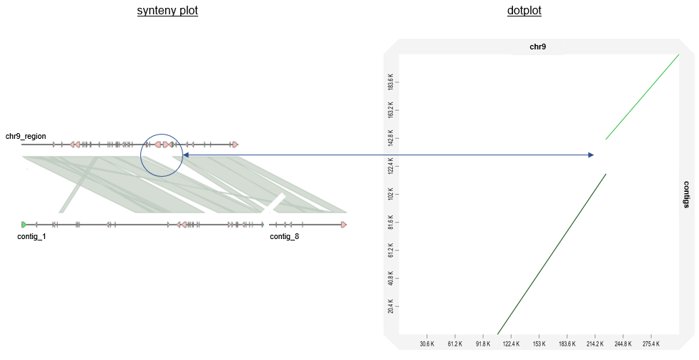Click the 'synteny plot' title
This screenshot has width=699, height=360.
pyautogui.click(x=167, y=11)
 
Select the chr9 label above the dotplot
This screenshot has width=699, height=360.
pyautogui.click(x=538, y=47)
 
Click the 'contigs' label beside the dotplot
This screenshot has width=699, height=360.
pyautogui.click(x=686, y=194)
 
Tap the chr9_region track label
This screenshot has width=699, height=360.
pyautogui.click(x=26, y=136)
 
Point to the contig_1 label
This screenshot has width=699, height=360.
pyautogui.click(x=31, y=236)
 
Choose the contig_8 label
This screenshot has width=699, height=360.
pyautogui.click(x=284, y=236)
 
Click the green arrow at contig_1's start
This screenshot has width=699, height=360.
pyautogui.click(x=24, y=225)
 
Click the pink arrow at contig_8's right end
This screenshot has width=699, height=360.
pyautogui.click(x=344, y=225)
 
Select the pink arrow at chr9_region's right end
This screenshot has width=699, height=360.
pyautogui.click(x=234, y=145)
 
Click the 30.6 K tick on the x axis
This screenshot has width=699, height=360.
pyautogui.click(x=426, y=344)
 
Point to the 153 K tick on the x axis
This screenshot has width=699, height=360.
pyautogui.click(x=539, y=344)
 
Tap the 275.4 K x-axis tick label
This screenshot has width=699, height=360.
pyautogui.click(x=650, y=344)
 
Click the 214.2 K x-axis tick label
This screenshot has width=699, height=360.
pyautogui.click(x=595, y=344)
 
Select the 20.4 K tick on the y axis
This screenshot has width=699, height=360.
pyautogui.click(x=391, y=307)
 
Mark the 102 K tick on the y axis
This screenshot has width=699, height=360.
pyautogui.click(x=391, y=194)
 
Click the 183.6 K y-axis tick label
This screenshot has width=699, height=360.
pyautogui.click(x=391, y=82)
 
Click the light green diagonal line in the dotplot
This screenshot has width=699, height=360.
pyautogui.click(x=642, y=97)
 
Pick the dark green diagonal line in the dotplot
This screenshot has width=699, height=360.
pyautogui.click(x=551, y=254)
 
